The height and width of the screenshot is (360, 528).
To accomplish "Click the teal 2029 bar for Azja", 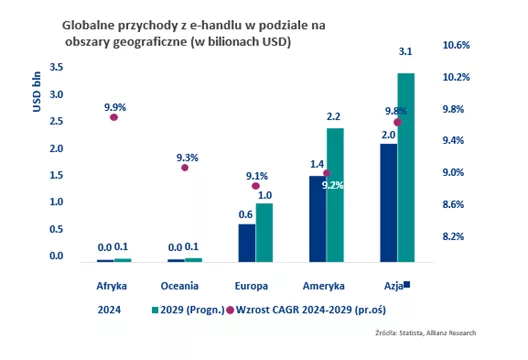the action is click(406, 167).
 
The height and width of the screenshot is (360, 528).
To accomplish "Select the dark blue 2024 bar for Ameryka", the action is click(318, 219).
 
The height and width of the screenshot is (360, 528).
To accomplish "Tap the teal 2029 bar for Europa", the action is click(264, 233).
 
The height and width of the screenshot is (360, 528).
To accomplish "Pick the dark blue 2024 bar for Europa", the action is click(247, 243).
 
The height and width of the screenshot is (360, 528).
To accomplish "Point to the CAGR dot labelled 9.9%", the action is click(114, 117).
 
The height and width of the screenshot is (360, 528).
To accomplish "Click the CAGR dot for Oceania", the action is click(185, 167).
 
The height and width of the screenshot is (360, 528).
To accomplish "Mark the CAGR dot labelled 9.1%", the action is click(256, 186).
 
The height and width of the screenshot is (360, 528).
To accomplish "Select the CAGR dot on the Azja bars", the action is click(397, 122).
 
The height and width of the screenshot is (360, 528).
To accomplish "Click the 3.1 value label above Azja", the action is click(405, 52).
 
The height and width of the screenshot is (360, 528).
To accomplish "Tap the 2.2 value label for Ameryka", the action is click(333, 117).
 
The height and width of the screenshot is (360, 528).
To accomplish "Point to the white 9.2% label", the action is click(333, 185).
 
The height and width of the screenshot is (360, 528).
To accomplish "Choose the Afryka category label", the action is click(111, 286).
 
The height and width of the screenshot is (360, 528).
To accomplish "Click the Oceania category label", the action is click(179, 286).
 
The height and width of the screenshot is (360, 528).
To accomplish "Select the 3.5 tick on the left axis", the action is click(56, 67).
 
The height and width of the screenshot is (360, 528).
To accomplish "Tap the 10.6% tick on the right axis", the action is click(456, 45).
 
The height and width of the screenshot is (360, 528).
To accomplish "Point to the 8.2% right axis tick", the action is click(453, 236).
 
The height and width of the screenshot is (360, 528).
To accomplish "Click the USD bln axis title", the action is click(36, 92).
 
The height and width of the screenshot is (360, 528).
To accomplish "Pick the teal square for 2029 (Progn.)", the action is click(155, 310).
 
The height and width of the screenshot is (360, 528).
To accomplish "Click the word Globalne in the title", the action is click(88, 25).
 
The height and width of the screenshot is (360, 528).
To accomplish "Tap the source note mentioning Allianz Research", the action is click(426, 333).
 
